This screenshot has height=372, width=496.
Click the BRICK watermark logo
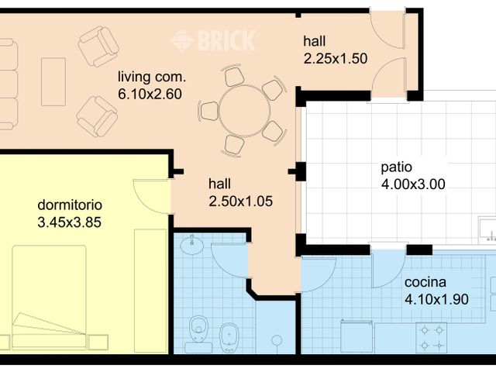coord(213,40)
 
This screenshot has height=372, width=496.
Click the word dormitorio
coord(70,205)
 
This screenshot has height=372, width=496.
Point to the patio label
coord(396,167)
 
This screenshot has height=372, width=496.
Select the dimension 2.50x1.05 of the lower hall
coord(242,201)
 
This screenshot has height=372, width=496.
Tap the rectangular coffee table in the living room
coord(53,81)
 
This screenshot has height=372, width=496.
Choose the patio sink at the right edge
coord(488,229)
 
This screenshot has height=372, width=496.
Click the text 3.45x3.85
coord(70,222)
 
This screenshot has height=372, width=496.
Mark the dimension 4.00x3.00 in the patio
coord(412,184)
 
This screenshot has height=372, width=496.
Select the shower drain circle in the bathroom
coord(277,339)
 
